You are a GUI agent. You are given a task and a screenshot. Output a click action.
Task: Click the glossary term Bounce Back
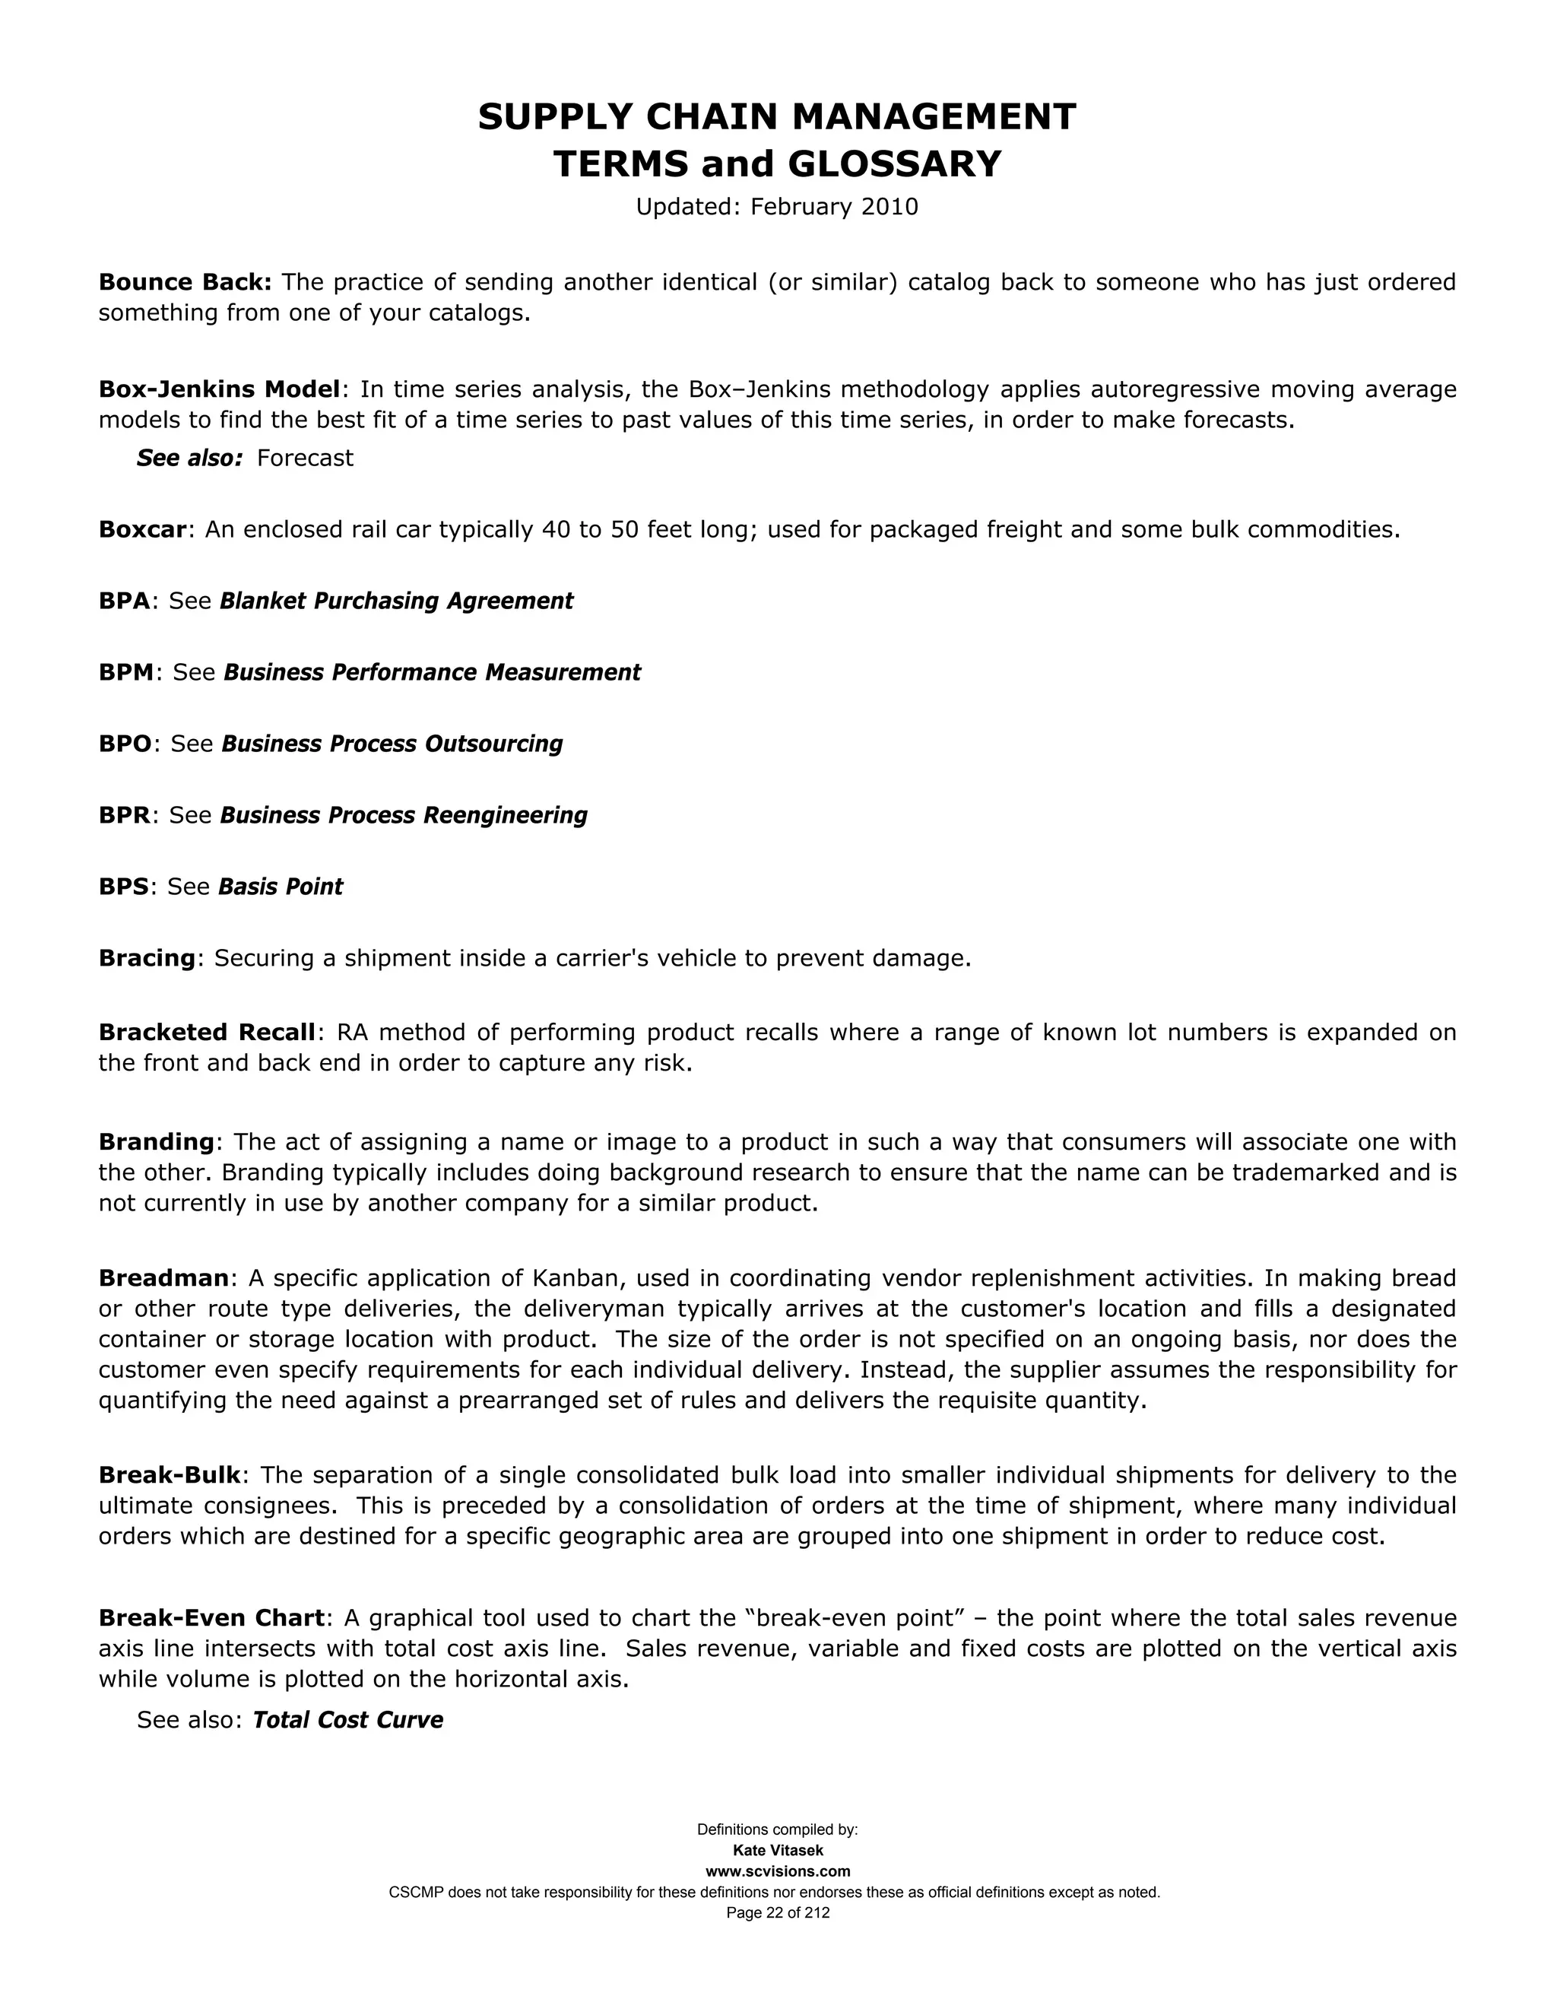(x=185, y=281)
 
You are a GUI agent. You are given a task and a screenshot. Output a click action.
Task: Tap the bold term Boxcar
(x=143, y=529)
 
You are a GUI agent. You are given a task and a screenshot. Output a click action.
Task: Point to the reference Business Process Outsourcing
(x=392, y=744)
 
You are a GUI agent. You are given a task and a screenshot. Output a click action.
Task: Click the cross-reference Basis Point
(x=281, y=887)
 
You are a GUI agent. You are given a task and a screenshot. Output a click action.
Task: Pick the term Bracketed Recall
(x=207, y=1032)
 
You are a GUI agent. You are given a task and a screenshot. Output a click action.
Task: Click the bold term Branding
(x=156, y=1141)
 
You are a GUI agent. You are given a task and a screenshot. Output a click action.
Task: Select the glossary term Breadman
(x=163, y=1278)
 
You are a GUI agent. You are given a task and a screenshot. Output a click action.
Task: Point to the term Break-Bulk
(x=170, y=1474)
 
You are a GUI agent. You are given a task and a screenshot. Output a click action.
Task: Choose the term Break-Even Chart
(x=211, y=1617)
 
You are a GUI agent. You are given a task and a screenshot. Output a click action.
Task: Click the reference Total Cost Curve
(x=347, y=1720)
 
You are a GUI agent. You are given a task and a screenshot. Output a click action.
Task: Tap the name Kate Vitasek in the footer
(x=778, y=1850)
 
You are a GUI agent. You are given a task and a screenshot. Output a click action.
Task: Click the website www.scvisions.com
(x=778, y=1871)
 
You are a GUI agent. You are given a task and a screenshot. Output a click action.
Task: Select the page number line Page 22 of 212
(x=778, y=1912)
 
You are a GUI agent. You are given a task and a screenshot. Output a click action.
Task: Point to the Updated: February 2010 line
(x=777, y=207)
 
